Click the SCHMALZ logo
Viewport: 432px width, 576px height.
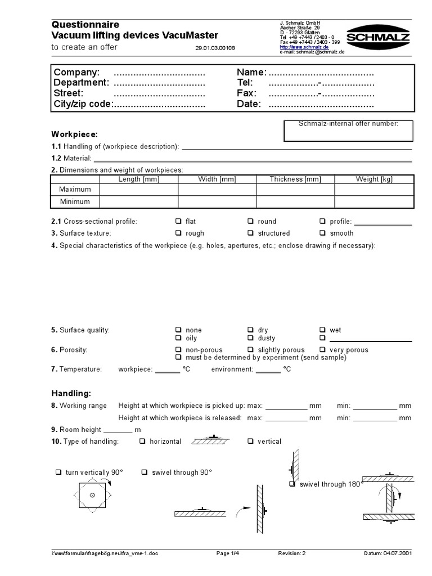point(377,37)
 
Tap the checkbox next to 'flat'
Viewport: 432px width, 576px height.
point(178,221)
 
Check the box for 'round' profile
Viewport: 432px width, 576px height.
point(251,221)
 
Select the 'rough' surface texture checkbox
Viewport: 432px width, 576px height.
point(178,233)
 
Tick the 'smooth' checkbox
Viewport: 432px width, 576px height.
point(323,233)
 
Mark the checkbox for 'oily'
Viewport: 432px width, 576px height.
point(178,338)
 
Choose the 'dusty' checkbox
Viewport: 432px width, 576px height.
point(251,338)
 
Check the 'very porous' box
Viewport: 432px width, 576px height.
point(323,350)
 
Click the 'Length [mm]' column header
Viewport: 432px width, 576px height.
point(139,179)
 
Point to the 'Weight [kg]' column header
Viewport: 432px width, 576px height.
point(374,179)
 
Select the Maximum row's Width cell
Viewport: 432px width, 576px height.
point(217,190)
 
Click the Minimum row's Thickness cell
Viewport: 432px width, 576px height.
point(295,201)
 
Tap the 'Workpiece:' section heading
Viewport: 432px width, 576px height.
point(75,134)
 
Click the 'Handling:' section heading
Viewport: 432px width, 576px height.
point(71,393)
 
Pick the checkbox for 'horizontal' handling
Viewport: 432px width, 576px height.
point(142,442)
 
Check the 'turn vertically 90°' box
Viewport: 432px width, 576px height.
point(58,472)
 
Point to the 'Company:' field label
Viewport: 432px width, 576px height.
point(76,73)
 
